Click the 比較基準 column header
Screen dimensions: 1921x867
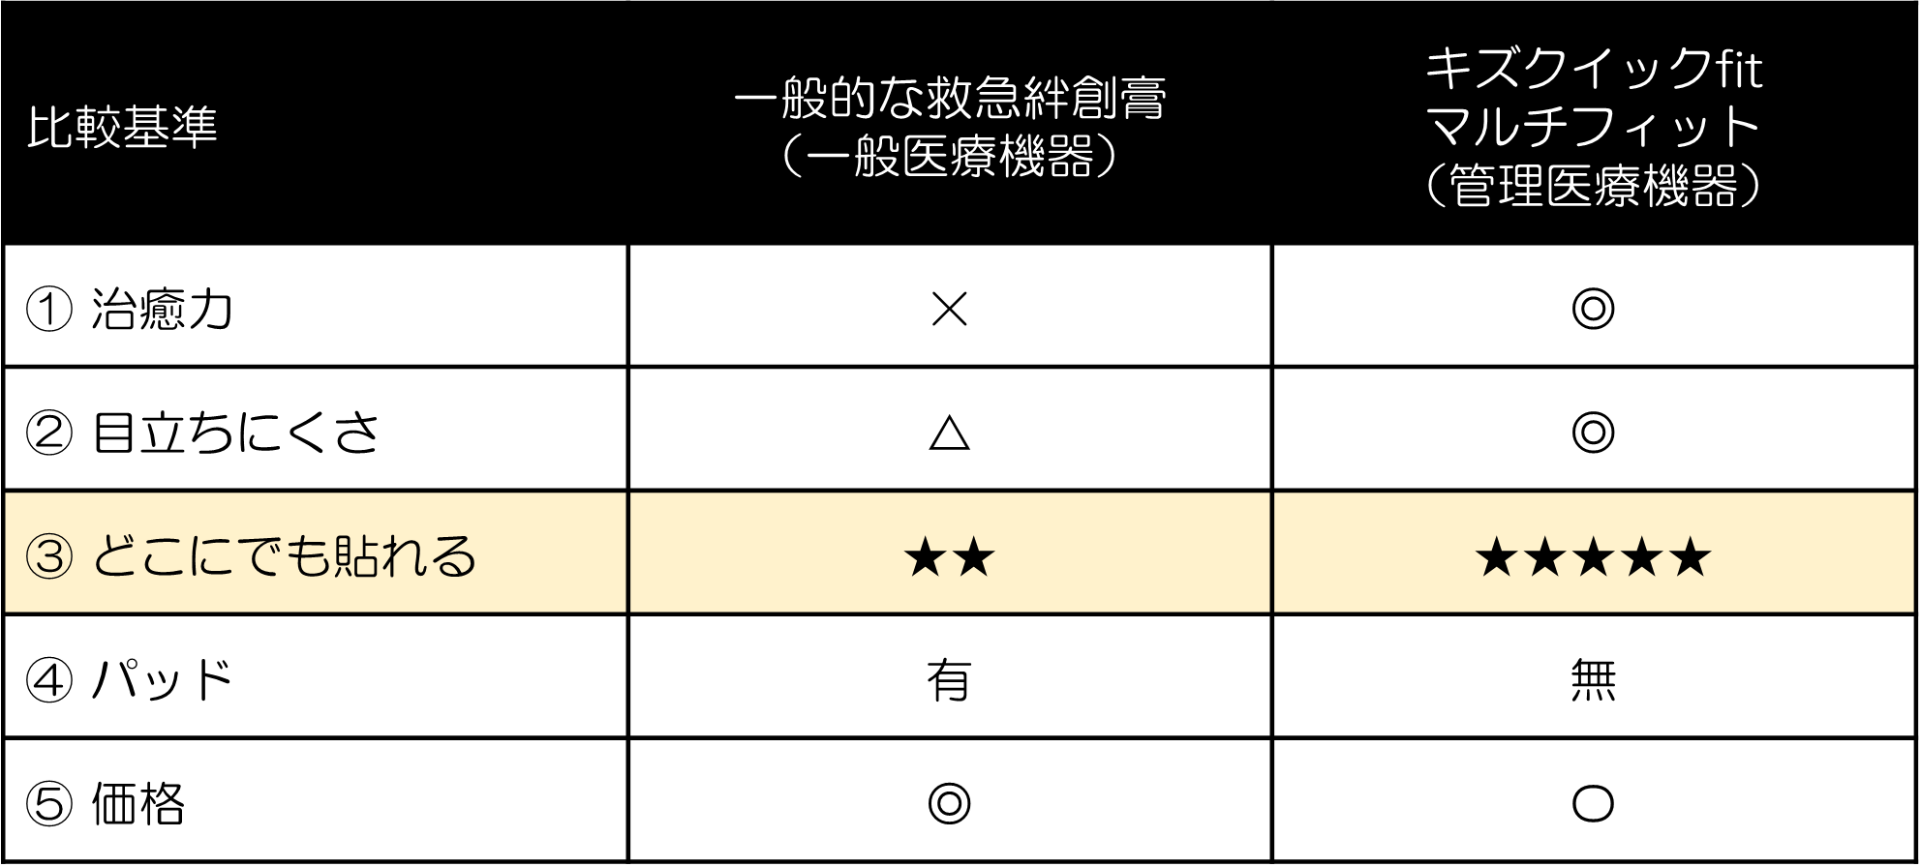(122, 127)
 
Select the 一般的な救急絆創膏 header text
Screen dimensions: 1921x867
(950, 97)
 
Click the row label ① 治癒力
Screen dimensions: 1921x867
(130, 310)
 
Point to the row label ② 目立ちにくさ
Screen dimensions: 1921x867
(201, 433)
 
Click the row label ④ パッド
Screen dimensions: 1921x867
(130, 679)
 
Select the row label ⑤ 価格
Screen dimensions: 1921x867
(105, 803)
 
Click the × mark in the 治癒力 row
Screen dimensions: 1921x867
(949, 310)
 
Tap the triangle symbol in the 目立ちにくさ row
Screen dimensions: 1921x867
(949, 433)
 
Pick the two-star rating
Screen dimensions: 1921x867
(949, 557)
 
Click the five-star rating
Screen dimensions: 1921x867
(1593, 557)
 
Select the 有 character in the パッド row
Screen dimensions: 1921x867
(949, 680)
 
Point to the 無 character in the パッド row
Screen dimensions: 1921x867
(1593, 680)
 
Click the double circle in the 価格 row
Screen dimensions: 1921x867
(949, 803)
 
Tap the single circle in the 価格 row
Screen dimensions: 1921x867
(1593, 803)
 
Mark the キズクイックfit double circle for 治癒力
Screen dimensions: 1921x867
(1593, 310)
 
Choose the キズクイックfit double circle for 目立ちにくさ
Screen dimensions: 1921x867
(1593, 433)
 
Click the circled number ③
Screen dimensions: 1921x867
(49, 557)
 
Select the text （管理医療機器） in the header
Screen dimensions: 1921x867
(1593, 186)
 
